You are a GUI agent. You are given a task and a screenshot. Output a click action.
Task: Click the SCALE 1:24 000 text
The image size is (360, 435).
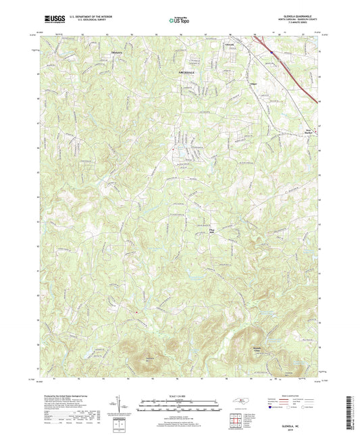pyautogui.click(x=179, y=396)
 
